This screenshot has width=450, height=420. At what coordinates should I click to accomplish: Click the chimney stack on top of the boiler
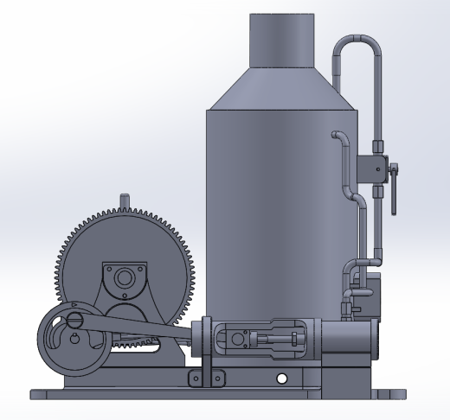point(282,41)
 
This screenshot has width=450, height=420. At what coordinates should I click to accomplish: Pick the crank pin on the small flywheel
point(75,320)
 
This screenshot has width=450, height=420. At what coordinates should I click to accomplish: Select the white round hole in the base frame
point(280,379)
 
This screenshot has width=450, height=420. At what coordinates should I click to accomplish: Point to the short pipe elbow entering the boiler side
point(338,137)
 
